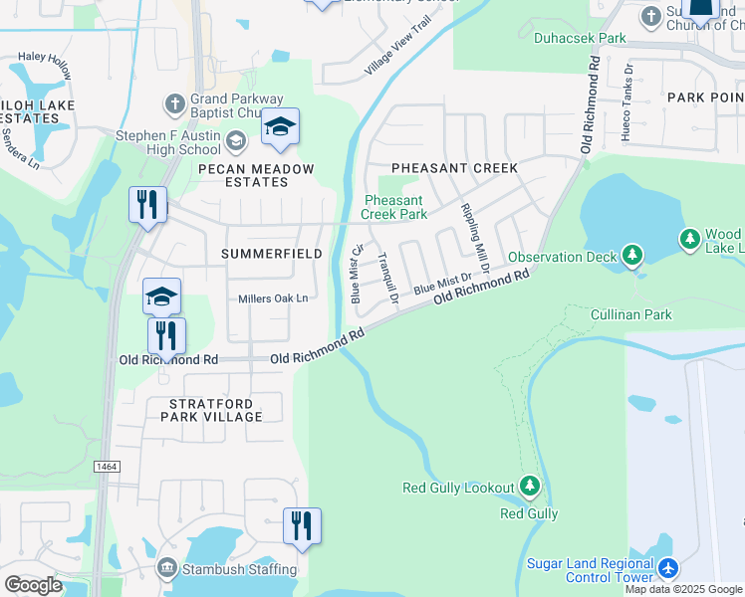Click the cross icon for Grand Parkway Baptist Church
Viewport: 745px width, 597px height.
coord(174,102)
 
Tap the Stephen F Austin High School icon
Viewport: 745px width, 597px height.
coord(236,139)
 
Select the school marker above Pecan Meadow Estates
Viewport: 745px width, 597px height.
coord(281,126)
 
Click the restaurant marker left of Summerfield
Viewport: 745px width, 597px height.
coord(147,205)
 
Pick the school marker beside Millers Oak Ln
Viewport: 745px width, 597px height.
coord(162,296)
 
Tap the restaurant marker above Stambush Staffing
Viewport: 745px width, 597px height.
coord(302,525)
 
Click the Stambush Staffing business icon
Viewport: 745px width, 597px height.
coord(167,569)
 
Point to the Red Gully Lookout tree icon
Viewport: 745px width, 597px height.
coord(530,487)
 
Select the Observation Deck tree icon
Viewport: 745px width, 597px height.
coord(631,256)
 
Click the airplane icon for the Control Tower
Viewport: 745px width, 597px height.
coord(667,569)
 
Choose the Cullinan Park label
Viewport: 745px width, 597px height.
coord(630,314)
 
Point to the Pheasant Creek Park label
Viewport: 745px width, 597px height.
coord(393,207)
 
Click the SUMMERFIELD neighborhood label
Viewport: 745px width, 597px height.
coord(271,254)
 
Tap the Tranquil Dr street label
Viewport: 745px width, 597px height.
coord(387,279)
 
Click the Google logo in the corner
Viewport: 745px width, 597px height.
coord(34,584)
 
